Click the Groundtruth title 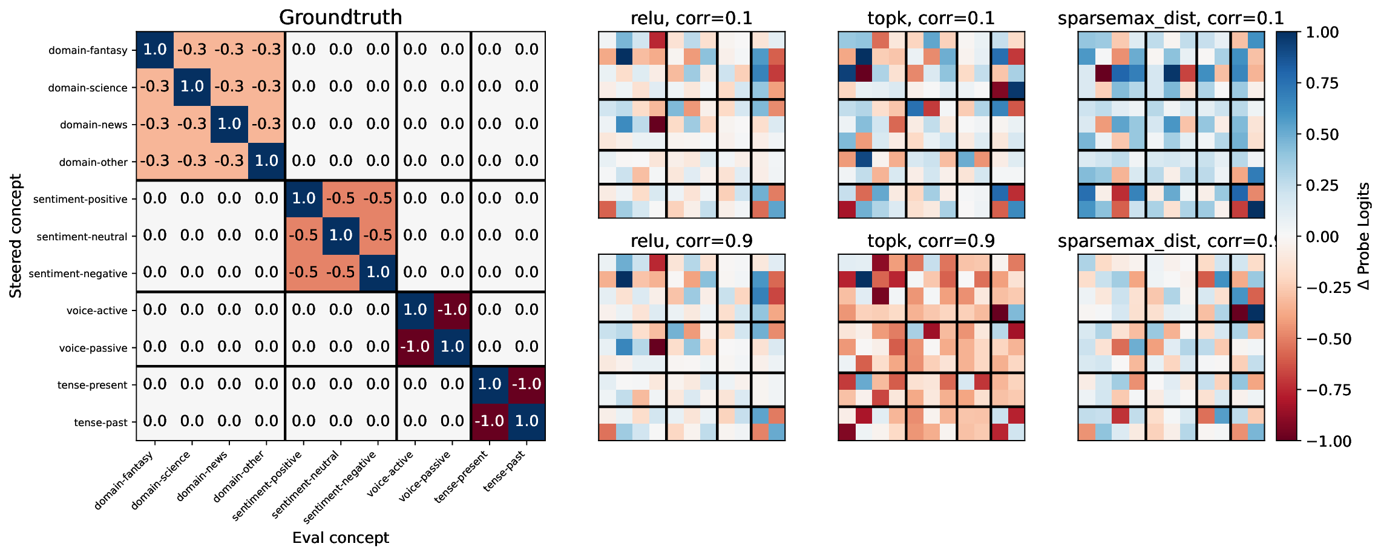pyautogui.click(x=340, y=17)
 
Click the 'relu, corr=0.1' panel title pyautogui.click(x=691, y=18)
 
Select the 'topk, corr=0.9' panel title pyautogui.click(x=931, y=241)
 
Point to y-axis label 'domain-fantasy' pyautogui.click(x=88, y=50)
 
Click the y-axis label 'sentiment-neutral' pyautogui.click(x=82, y=237)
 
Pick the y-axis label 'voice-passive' pyautogui.click(x=93, y=348)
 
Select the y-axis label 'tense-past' pyautogui.click(x=100, y=422)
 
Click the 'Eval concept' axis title pyautogui.click(x=340, y=537)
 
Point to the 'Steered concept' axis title pyautogui.click(x=16, y=236)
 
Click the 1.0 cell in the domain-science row pyautogui.click(x=192, y=87)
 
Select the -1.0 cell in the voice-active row pyautogui.click(x=452, y=310)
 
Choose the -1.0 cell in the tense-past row pyautogui.click(x=489, y=421)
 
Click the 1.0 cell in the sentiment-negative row pyautogui.click(x=378, y=272)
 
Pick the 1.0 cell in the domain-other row pyautogui.click(x=266, y=161)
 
